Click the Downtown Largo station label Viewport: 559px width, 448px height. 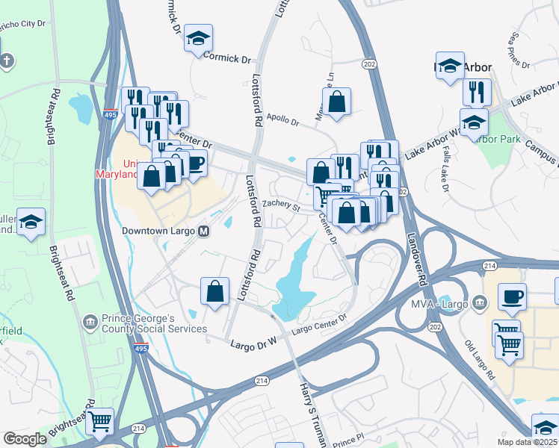(158, 231)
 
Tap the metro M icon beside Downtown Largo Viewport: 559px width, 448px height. (203, 231)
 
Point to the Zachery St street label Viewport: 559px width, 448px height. (280, 205)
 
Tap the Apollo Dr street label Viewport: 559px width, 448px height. (282, 119)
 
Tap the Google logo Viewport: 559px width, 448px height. (25, 439)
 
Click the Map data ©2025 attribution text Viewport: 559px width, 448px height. (527, 442)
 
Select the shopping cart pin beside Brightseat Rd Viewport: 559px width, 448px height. (99, 421)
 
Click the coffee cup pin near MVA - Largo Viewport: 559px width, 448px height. (512, 296)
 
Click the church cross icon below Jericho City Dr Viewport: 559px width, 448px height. (7, 60)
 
